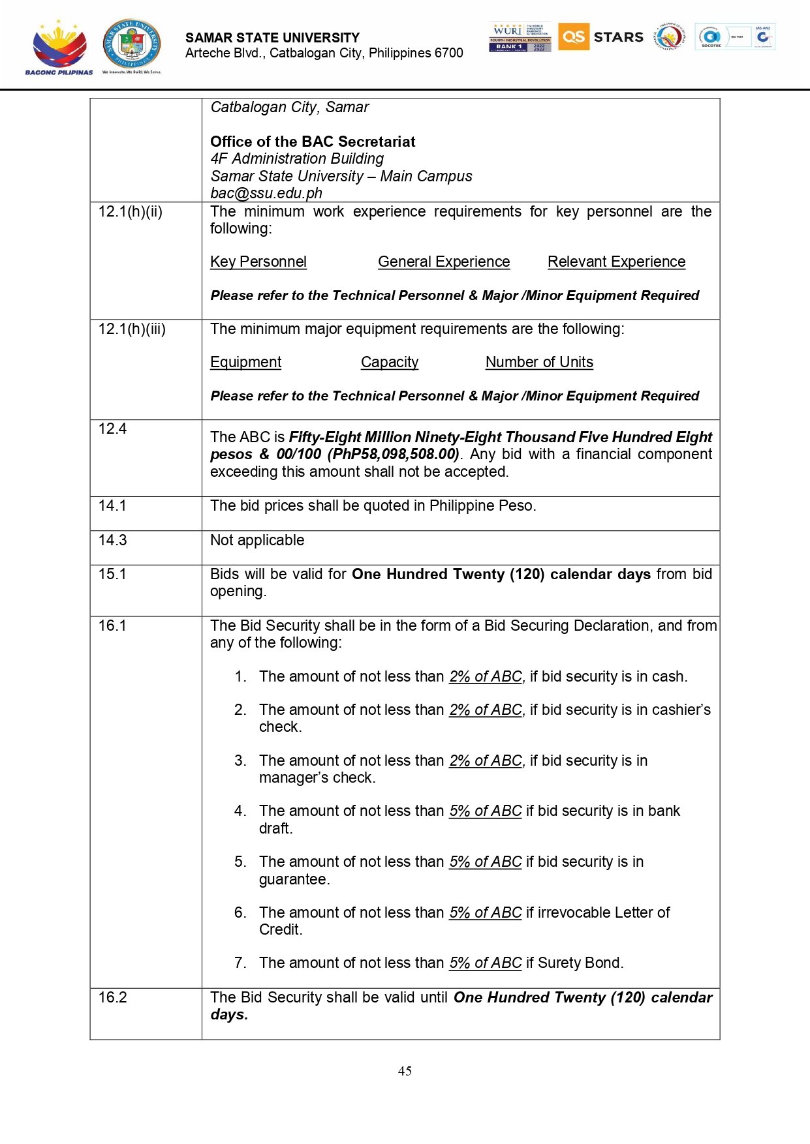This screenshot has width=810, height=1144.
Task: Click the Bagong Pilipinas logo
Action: (59, 48)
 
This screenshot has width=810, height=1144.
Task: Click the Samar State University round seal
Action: (132, 44)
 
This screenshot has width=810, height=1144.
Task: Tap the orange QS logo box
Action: (573, 37)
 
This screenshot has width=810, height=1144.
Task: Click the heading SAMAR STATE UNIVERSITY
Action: (272, 38)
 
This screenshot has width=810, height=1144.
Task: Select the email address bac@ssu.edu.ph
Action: (266, 193)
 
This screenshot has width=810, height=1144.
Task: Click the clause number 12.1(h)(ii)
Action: (131, 211)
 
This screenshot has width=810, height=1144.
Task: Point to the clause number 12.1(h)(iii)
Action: (132, 329)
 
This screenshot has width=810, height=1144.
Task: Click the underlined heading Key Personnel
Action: (258, 262)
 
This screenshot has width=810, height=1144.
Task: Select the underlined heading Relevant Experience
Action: (616, 262)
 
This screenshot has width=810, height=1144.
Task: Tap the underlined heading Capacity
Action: (390, 362)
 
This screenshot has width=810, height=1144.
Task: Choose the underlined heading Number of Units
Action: (539, 362)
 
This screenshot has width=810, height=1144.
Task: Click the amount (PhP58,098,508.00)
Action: (394, 454)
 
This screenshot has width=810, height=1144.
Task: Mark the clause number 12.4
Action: (112, 429)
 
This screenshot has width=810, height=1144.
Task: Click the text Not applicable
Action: (257, 540)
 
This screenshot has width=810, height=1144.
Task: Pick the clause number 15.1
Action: (112, 574)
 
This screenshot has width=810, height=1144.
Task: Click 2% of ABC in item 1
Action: (486, 676)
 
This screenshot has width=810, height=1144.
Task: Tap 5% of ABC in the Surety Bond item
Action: (486, 963)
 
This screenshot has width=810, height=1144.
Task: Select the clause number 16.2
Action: (112, 997)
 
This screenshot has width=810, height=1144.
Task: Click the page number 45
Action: (405, 1071)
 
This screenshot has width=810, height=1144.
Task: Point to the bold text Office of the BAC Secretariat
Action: (313, 142)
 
